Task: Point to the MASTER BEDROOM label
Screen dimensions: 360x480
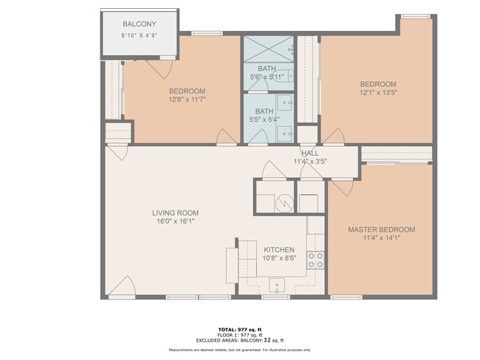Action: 381,229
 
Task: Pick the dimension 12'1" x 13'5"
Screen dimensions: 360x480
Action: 378,93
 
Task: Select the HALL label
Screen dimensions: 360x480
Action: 309,153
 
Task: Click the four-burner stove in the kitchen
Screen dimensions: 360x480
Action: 315,260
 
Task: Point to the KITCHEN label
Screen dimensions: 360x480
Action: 279,249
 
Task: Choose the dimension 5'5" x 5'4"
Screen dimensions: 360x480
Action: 264,120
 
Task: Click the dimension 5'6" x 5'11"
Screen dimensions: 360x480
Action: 267,76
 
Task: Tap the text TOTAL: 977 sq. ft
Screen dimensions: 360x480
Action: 240,329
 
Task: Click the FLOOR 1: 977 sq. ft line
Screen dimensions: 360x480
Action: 240,334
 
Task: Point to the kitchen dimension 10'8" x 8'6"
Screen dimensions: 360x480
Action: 280,258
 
